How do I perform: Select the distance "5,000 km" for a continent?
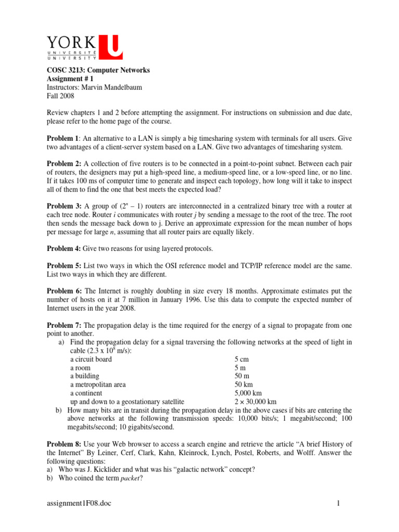pyautogui.click(x=249, y=393)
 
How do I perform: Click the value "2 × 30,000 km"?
pyautogui.click(x=255, y=402)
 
